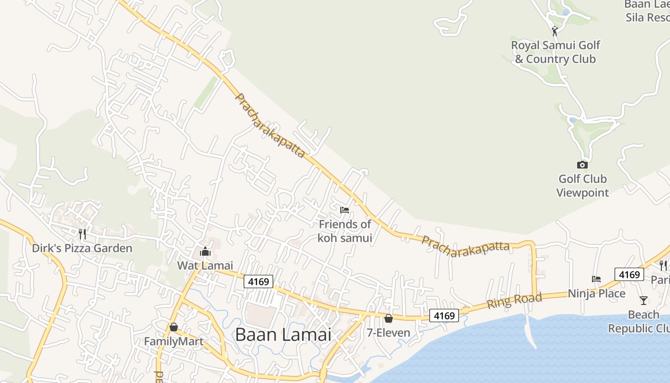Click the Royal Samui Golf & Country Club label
click(555, 52)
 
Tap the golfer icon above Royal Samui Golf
click(555, 32)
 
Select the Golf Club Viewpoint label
click(582, 186)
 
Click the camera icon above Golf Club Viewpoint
click(582, 165)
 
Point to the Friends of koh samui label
click(345, 231)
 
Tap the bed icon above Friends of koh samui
click(345, 210)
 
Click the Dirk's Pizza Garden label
click(82, 248)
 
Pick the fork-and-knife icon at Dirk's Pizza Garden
click(82, 234)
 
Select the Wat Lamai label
click(205, 265)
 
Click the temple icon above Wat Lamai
click(205, 251)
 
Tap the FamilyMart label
click(174, 342)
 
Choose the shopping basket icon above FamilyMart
click(174, 327)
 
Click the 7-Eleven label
click(389, 333)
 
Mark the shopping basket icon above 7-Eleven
click(389, 318)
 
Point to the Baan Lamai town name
click(283, 334)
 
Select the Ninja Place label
click(596, 293)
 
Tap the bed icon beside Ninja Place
click(596, 279)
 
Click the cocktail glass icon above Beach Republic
click(644, 301)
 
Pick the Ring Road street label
click(514, 301)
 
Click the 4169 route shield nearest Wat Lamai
click(258, 282)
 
